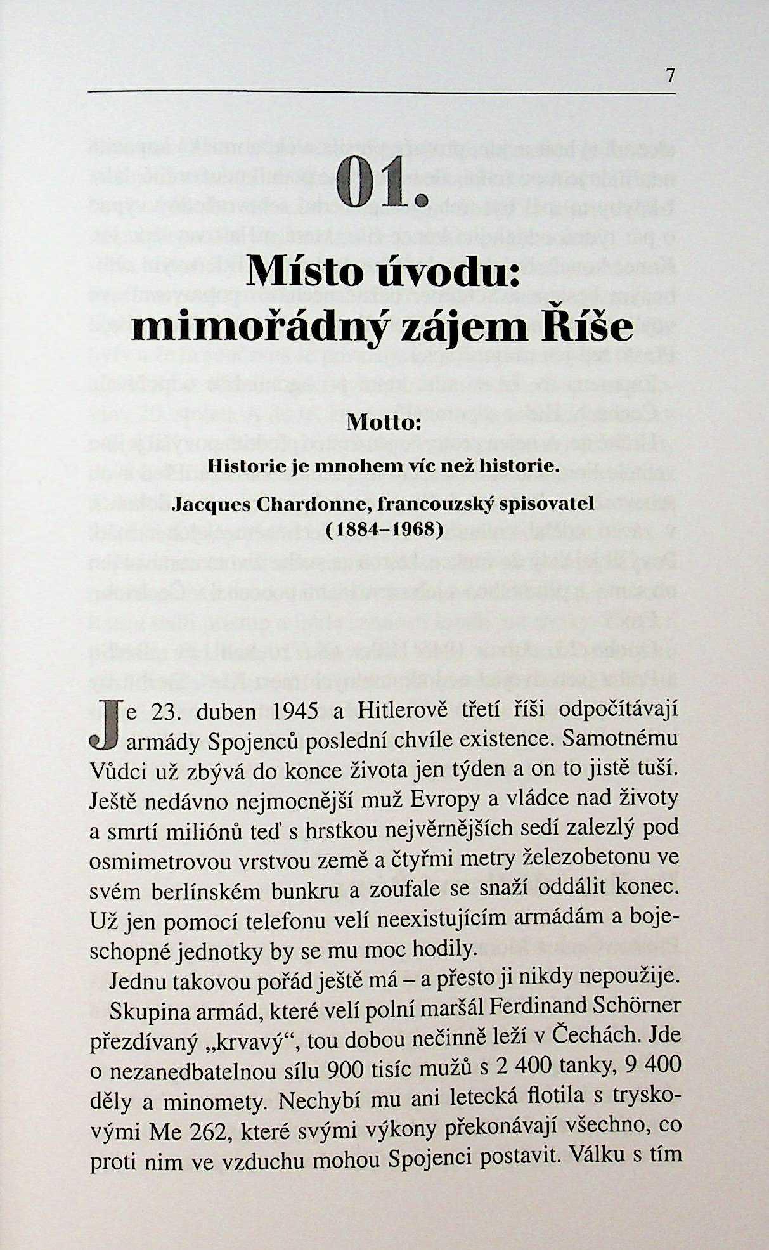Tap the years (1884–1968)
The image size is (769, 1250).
384,528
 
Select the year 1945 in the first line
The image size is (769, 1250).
294,712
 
